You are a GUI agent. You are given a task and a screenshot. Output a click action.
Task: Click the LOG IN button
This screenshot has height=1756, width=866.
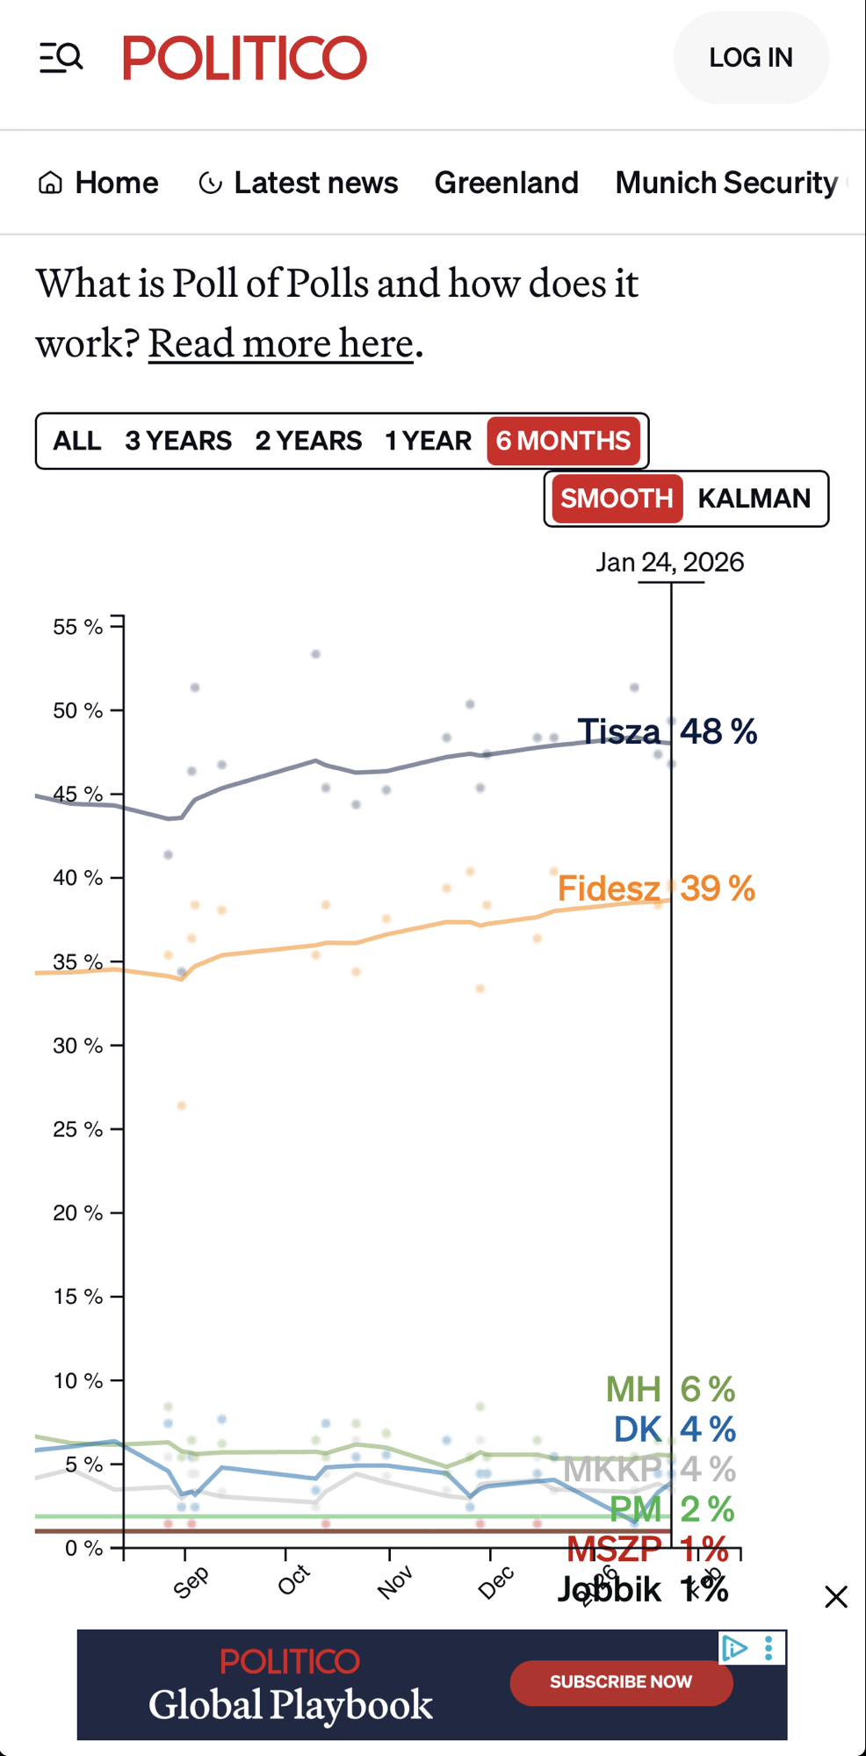pos(751,58)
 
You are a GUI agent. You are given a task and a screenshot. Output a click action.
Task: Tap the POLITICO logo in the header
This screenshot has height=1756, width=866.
pos(244,58)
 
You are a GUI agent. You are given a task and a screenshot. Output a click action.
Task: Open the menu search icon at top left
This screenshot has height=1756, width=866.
pos(61,58)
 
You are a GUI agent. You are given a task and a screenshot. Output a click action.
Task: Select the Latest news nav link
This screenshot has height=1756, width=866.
pos(299,183)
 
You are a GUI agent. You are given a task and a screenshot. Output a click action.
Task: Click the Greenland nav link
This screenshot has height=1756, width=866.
pos(506,183)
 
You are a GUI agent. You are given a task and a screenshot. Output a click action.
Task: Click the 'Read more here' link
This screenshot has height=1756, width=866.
pos(280,343)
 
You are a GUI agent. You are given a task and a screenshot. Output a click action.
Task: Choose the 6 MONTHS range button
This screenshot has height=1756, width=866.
pos(563,441)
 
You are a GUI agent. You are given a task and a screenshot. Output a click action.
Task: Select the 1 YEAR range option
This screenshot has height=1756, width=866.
pos(428,441)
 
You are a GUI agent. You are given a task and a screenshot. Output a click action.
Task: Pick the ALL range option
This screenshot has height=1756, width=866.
pos(77,441)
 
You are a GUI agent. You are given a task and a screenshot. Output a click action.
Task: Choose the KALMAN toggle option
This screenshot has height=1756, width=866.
pos(754,499)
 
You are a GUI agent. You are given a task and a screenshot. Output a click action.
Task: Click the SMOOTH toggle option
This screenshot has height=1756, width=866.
pos(617,499)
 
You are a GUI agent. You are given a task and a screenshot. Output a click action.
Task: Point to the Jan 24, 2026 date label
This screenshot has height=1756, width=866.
pos(669,562)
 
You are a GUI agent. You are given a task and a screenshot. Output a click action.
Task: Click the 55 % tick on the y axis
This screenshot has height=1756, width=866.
pos(77,627)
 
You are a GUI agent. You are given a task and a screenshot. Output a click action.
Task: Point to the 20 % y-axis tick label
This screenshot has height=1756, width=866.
pos(77,1213)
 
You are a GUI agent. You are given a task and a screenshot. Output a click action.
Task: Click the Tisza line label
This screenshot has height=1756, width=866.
pos(618,731)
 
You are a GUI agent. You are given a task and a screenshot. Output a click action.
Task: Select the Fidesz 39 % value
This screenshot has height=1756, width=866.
pos(717,889)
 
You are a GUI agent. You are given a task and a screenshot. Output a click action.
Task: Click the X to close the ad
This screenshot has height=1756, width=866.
pos(836,1596)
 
